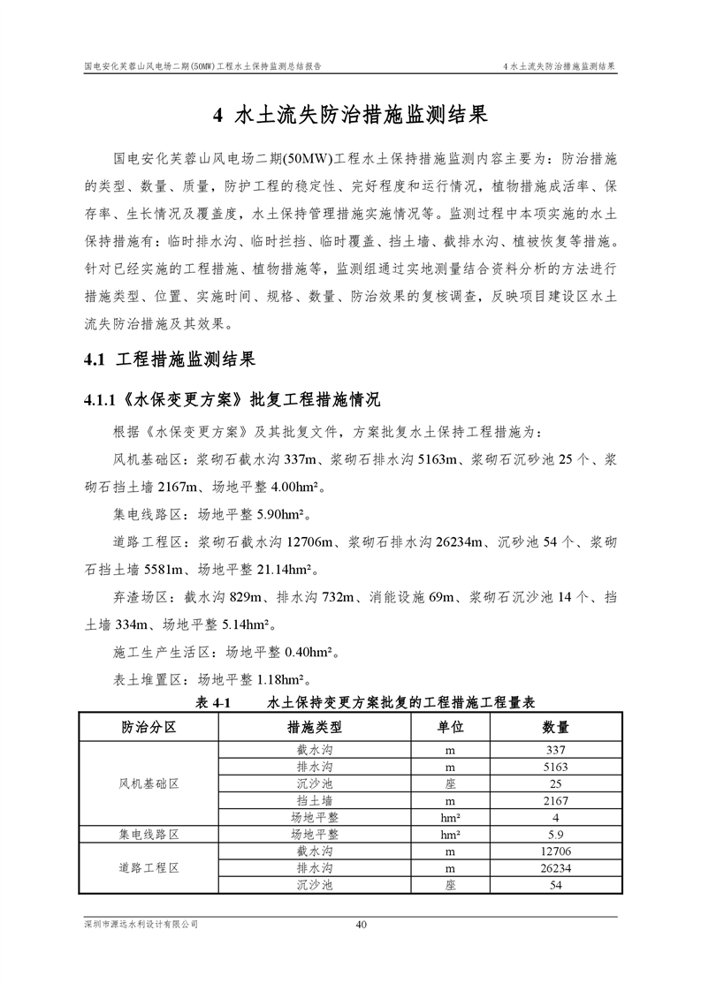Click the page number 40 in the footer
[361, 925]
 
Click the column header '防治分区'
[149, 727]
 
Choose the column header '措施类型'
[314, 727]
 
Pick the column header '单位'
[450, 727]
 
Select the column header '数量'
[555, 727]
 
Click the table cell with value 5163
[555, 767]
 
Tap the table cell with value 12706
[555, 851]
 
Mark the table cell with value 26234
[555, 868]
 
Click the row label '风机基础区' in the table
[149, 783]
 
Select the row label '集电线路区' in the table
[149, 835]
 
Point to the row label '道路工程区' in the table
[149, 868]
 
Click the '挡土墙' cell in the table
[314, 800]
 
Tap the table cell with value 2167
[555, 800]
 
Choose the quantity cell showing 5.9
[555, 835]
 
